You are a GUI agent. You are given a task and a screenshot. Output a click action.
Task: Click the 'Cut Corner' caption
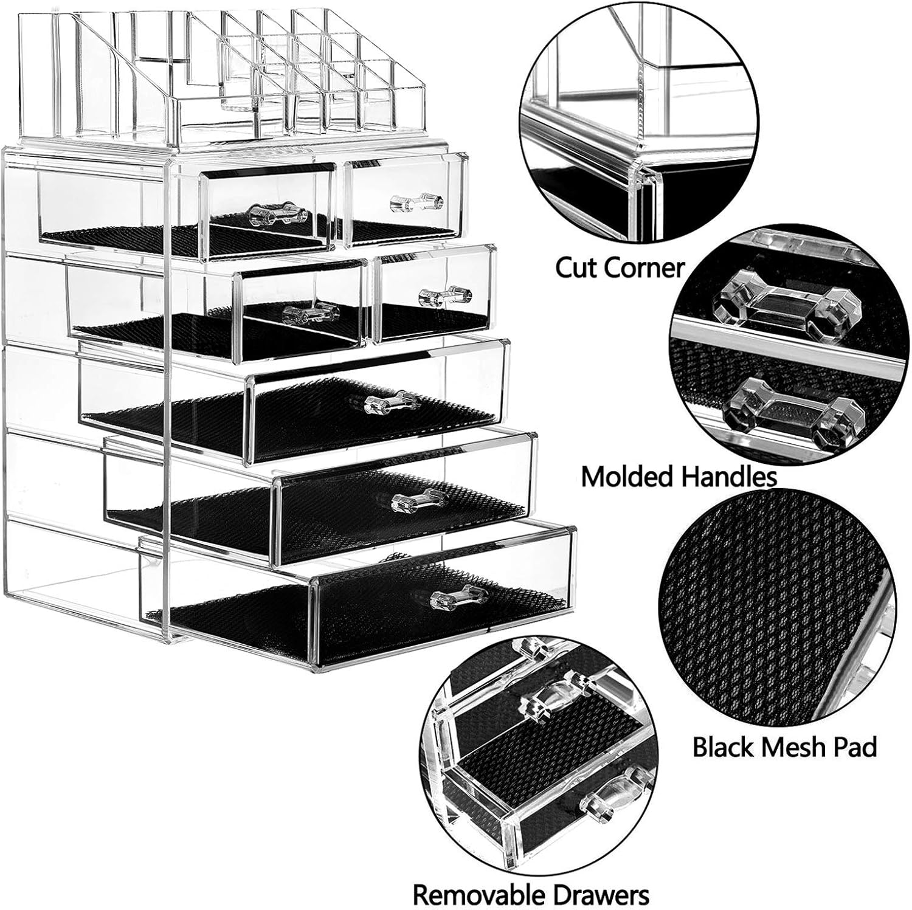click(620, 268)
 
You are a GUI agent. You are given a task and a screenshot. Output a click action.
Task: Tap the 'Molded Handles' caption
click(679, 477)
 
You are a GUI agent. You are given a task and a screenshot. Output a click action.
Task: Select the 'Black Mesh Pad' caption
click(784, 747)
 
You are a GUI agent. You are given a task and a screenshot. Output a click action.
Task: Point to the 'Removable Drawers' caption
click(531, 894)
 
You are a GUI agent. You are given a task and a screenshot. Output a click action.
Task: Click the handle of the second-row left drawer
click(310, 314)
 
